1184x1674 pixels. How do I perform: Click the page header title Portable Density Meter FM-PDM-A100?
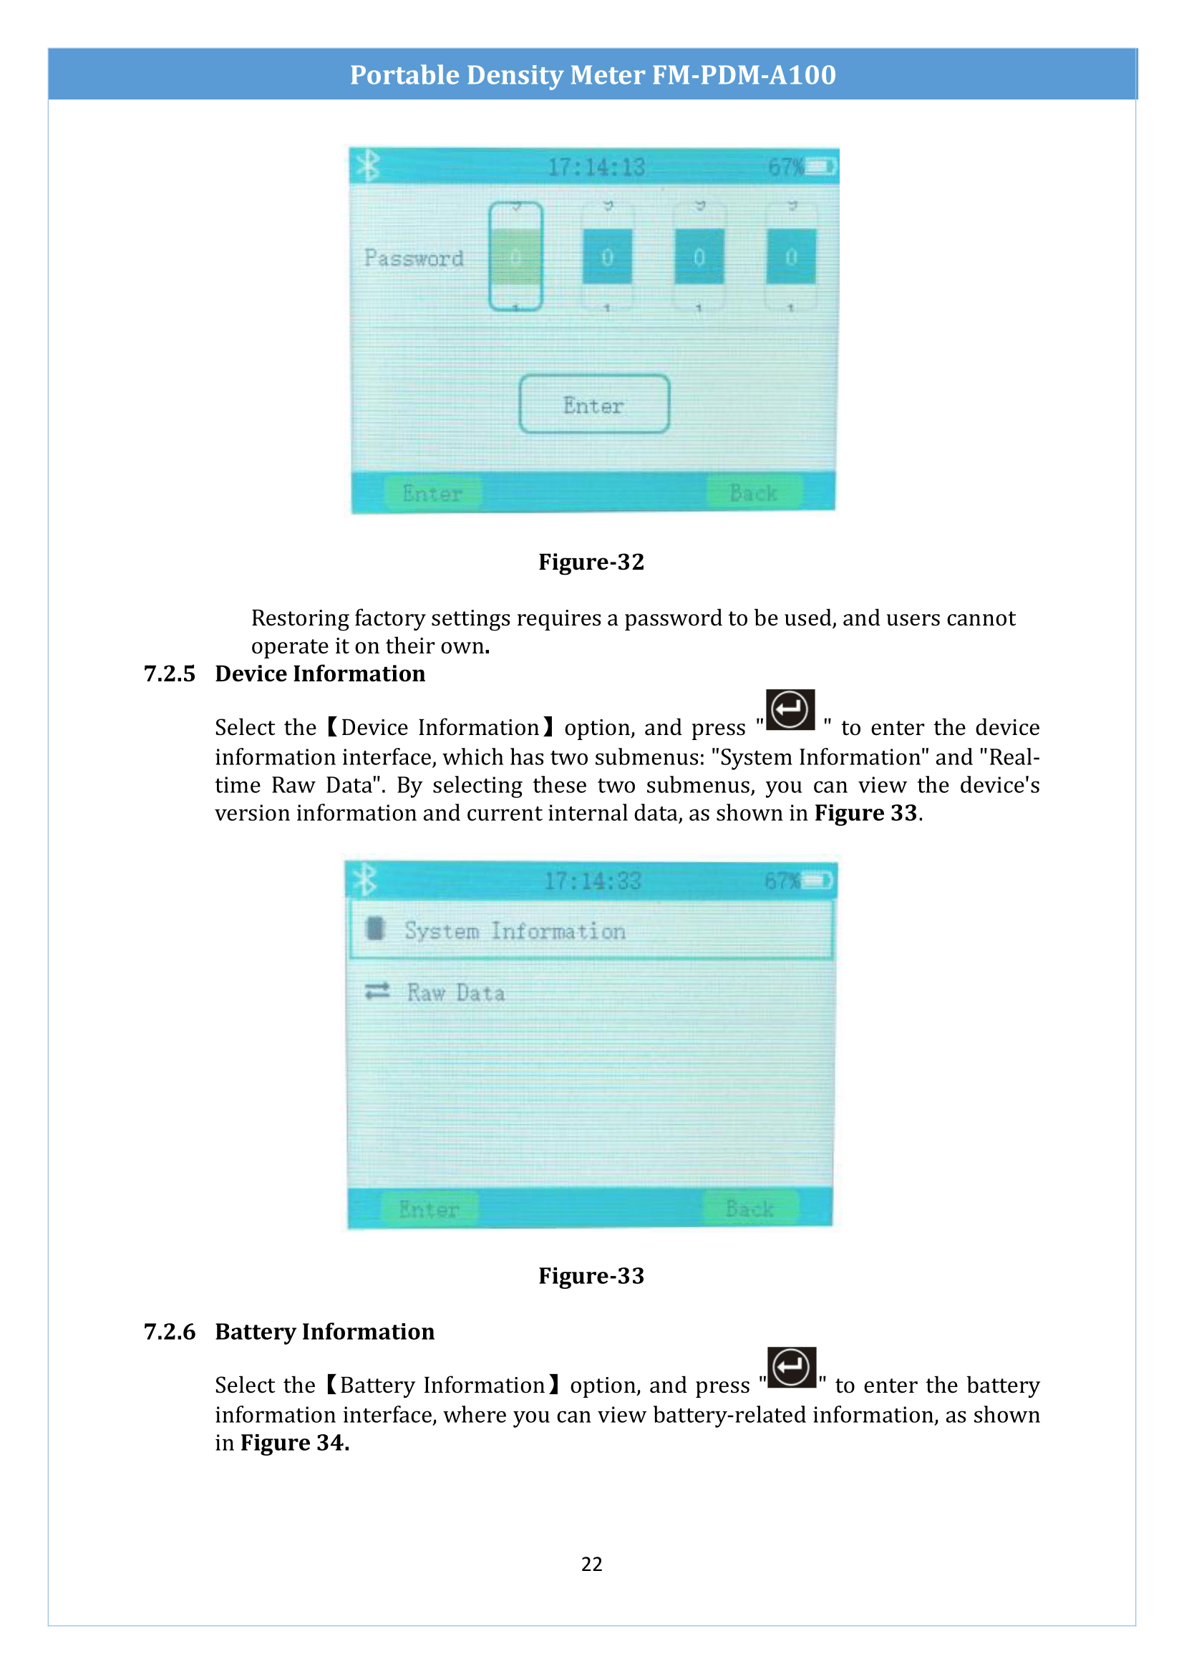coord(592,74)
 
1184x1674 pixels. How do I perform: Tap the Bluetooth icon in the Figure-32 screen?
coord(368,165)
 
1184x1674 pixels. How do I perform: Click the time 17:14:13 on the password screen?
coord(596,167)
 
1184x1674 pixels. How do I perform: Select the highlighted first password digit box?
coord(516,257)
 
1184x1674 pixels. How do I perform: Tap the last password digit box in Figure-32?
coord(790,257)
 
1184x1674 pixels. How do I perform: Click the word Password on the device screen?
coord(413,258)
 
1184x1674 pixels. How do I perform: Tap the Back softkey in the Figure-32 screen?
coord(754,493)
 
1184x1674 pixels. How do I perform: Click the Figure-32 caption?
coord(591,561)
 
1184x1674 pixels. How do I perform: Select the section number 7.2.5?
coord(169,673)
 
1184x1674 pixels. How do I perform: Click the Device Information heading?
coord(320,673)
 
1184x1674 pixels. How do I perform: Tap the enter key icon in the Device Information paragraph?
coord(790,709)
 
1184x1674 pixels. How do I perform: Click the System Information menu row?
coord(591,930)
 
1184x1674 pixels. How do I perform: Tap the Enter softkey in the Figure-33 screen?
coord(430,1209)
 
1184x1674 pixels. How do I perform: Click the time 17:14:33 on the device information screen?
coord(592,881)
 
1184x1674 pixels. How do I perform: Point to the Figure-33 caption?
coord(591,1275)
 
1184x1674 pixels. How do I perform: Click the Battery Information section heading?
coord(324,1331)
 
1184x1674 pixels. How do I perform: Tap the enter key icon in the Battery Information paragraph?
coord(791,1367)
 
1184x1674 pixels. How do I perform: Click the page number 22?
coord(591,1564)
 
